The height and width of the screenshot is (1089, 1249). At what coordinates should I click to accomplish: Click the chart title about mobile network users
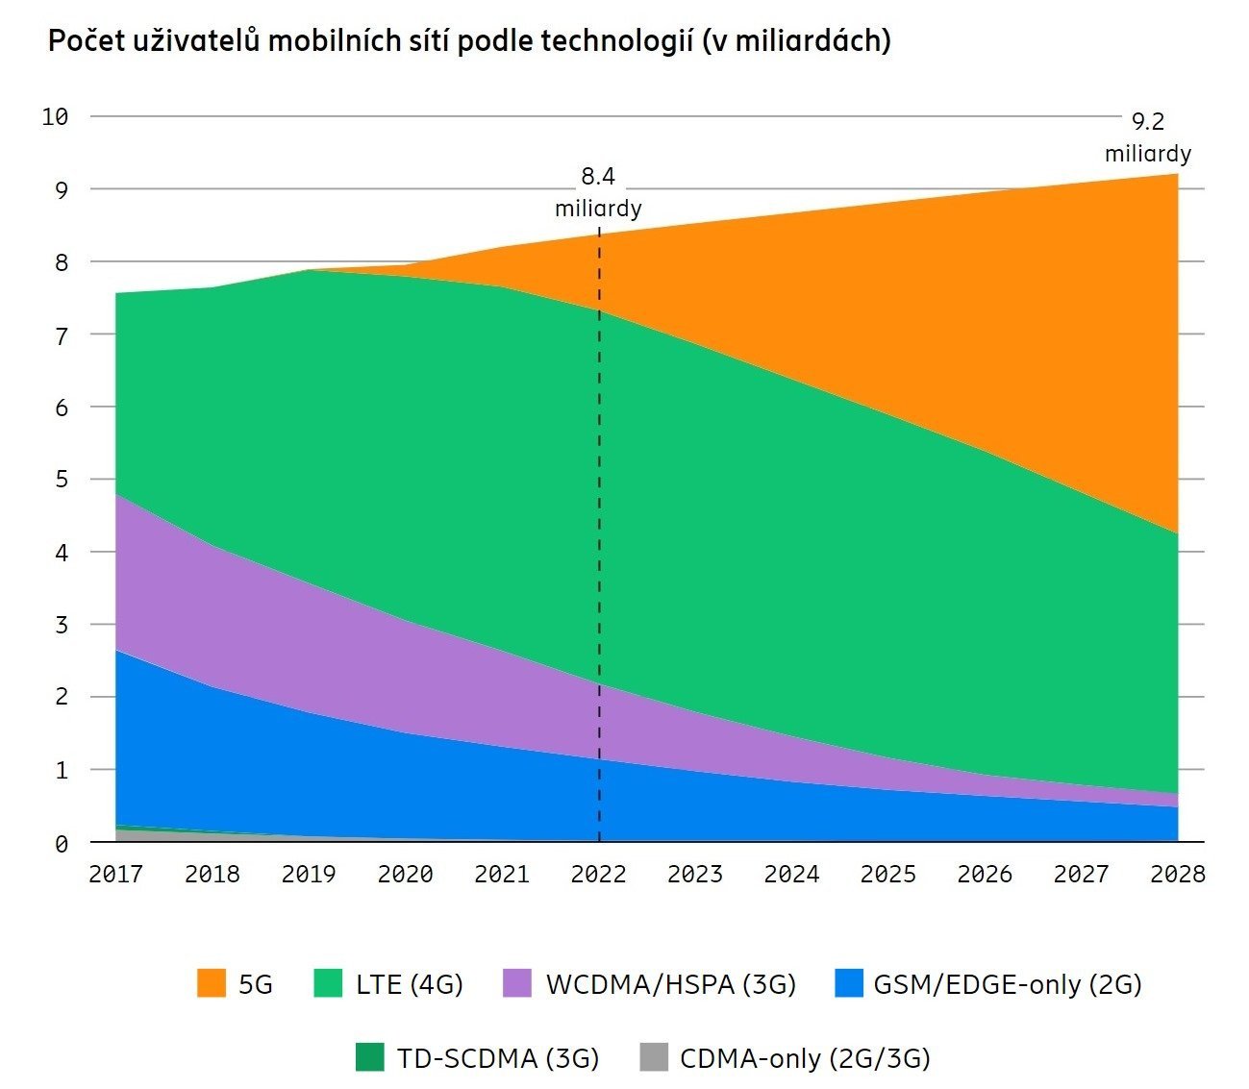tap(469, 41)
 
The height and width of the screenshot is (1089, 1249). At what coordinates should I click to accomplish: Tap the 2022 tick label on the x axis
tap(598, 874)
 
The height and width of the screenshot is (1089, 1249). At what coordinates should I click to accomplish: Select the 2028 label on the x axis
tap(1178, 874)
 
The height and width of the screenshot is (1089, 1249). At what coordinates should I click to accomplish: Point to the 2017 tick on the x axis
tap(115, 874)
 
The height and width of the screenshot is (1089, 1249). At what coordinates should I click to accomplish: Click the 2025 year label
tap(887, 874)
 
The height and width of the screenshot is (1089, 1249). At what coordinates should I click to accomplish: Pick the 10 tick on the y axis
tap(56, 117)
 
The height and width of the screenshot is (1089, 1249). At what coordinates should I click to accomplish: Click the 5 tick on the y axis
tap(62, 479)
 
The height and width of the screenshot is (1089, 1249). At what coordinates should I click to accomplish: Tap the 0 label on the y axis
tap(62, 844)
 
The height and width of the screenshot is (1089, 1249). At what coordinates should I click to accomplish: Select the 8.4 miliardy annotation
tap(598, 192)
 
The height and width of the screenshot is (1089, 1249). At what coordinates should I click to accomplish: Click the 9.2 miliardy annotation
tap(1147, 137)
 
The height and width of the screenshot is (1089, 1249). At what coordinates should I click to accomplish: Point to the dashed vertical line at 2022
tap(599, 538)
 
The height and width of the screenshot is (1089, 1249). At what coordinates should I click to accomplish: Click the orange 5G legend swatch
tap(212, 983)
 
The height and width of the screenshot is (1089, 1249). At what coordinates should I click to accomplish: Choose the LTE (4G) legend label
tap(410, 984)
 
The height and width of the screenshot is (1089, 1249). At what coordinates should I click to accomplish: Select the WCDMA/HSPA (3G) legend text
tap(671, 984)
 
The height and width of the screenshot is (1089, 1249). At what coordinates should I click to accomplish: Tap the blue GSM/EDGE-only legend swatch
tap(849, 983)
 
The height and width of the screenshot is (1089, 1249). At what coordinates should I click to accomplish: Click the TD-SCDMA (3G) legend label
tap(498, 1058)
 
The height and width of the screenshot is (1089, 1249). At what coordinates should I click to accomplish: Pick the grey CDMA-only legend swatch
tap(653, 1057)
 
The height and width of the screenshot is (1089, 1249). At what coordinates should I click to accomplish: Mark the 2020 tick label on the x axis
tap(405, 874)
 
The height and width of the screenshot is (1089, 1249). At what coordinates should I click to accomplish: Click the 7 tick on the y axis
tap(62, 335)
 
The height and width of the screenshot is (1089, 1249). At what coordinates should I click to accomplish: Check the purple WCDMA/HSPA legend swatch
tap(517, 983)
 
